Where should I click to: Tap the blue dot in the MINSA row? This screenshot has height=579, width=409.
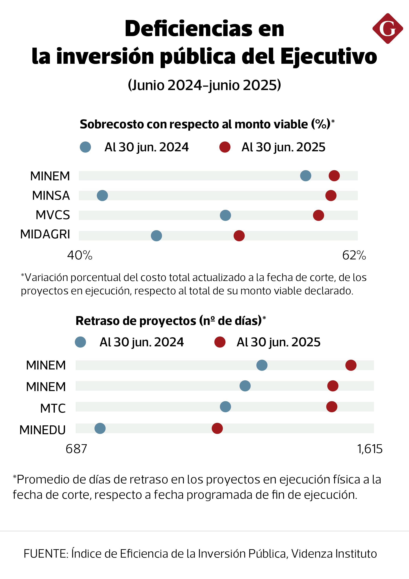102,195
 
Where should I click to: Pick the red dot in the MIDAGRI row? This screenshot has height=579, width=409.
239,235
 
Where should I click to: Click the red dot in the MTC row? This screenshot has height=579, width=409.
332,407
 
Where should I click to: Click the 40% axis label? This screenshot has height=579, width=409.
80,255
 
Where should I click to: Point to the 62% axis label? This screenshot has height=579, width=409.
354,255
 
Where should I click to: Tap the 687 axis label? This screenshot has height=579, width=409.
76,449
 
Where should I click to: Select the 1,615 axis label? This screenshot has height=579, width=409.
370,449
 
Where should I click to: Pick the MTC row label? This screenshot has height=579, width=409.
53,408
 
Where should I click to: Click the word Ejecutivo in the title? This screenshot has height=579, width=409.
328,56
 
